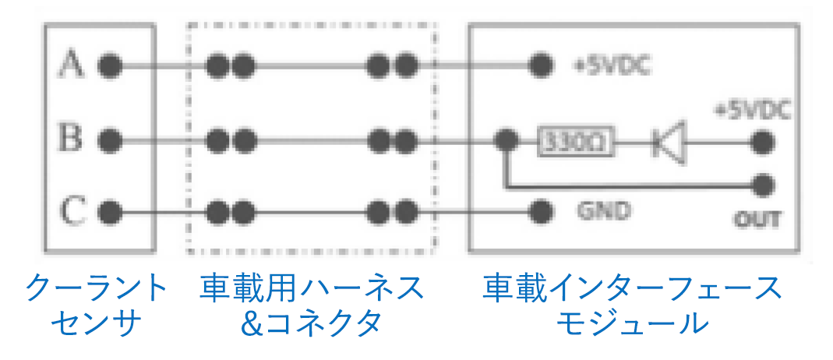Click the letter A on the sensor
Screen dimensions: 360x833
(x=72, y=65)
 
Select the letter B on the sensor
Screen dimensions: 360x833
(x=72, y=141)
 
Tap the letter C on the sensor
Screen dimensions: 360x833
(x=72, y=210)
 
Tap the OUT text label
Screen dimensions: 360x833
(x=757, y=219)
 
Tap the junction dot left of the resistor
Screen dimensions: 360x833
(x=507, y=141)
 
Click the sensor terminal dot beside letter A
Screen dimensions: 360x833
(x=110, y=65)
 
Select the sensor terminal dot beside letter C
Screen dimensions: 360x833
(x=110, y=210)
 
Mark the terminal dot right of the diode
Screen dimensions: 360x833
(x=764, y=142)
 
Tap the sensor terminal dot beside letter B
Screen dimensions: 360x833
(x=110, y=141)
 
